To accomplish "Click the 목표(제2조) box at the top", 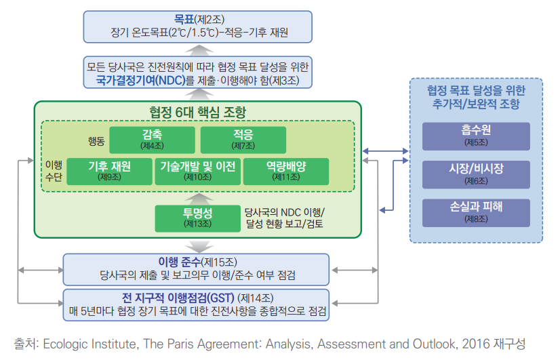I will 197,26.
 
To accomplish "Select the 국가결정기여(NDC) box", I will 197,73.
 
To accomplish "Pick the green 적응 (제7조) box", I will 243,138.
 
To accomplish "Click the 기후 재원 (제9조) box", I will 109,171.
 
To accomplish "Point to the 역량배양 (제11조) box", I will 285,171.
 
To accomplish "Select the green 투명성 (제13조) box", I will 198,218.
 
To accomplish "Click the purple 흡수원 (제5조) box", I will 475,136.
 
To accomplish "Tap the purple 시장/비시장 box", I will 475,174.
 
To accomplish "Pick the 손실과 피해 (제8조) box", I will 475,212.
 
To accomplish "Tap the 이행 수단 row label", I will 53,172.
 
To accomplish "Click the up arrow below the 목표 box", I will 197,48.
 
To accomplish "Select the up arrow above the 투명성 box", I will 197,197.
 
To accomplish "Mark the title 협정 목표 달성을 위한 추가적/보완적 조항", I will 475,97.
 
